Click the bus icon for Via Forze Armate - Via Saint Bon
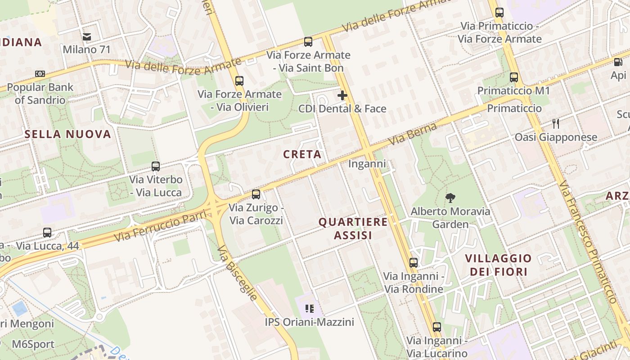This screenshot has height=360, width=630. [308, 42]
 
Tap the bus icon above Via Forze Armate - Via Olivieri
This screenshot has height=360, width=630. [239, 81]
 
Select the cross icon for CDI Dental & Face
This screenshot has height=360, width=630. [342, 95]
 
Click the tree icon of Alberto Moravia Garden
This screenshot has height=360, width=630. [450, 198]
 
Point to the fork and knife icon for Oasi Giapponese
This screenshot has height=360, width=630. [556, 124]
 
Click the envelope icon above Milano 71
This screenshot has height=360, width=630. [86, 36]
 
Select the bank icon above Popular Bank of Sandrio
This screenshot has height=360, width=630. [40, 74]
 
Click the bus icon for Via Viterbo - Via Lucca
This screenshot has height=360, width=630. [156, 166]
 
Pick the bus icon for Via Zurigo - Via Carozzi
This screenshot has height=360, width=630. [256, 194]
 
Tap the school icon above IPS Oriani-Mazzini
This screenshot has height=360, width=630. [309, 309]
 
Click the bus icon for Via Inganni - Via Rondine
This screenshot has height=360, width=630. [414, 263]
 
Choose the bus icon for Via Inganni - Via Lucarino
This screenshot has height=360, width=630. [436, 327]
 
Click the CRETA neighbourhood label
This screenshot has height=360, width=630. [302, 154]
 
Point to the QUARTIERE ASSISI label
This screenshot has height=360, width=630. [353, 229]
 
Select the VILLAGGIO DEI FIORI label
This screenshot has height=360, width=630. [498, 265]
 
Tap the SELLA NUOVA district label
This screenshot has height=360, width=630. [67, 134]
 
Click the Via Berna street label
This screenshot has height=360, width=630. [412, 134]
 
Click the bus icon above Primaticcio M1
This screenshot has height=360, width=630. [514, 77]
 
